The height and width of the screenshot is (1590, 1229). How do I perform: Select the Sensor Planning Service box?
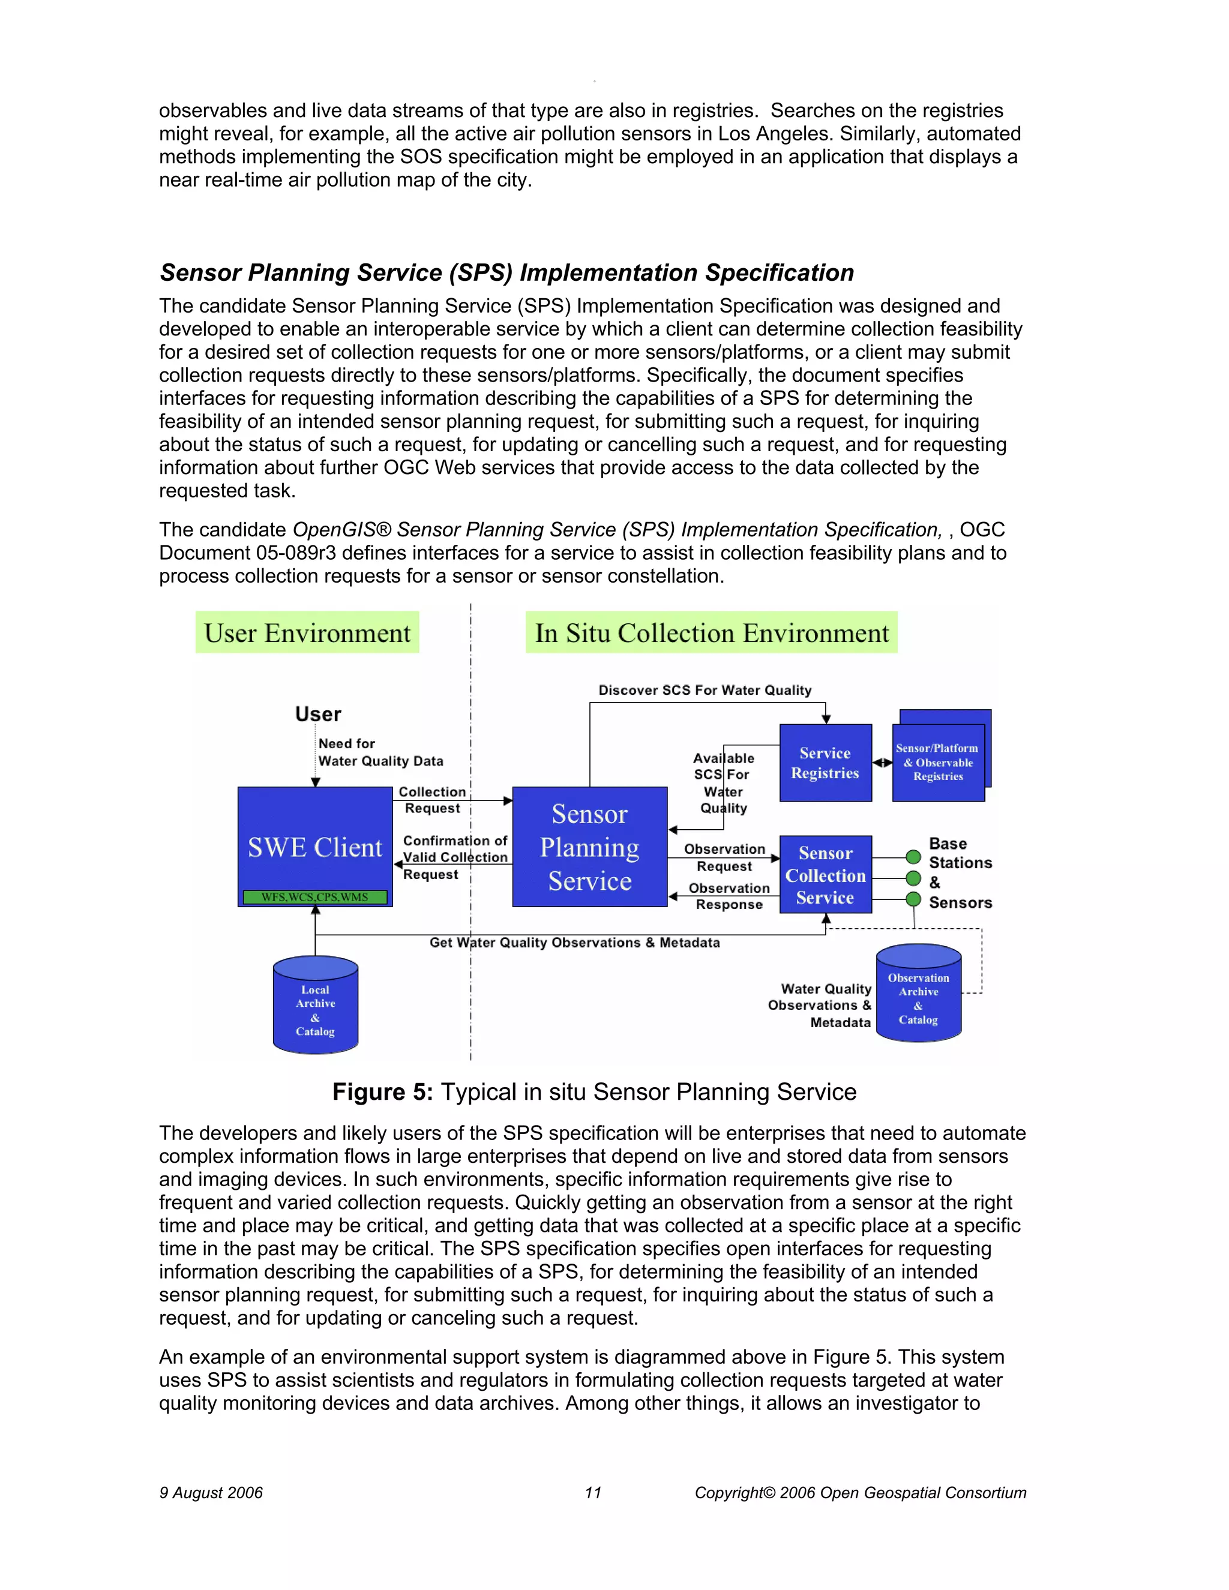pyautogui.click(x=590, y=847)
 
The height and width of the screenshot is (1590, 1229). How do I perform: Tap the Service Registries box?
pyautogui.click(x=825, y=763)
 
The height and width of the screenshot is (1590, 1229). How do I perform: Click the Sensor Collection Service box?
pyautogui.click(x=825, y=874)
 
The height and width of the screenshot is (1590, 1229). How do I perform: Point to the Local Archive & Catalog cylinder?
pyautogui.click(x=315, y=1009)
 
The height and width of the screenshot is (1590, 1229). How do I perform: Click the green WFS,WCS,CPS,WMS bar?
pyautogui.click(x=314, y=897)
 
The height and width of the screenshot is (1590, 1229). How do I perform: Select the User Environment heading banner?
pyautogui.click(x=307, y=632)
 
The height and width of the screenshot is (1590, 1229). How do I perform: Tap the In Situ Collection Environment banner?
pyautogui.click(x=711, y=632)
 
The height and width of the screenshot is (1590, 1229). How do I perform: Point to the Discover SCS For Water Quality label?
pyautogui.click(x=705, y=690)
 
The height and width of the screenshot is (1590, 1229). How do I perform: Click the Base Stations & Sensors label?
pyautogui.click(x=960, y=873)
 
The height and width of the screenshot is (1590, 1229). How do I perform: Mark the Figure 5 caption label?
pyautogui.click(x=594, y=1092)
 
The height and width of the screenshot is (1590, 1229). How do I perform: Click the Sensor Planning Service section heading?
pyautogui.click(x=506, y=272)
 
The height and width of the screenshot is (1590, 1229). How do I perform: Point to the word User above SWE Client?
pyautogui.click(x=318, y=714)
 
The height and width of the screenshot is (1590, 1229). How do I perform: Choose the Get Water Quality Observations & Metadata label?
pyautogui.click(x=574, y=943)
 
